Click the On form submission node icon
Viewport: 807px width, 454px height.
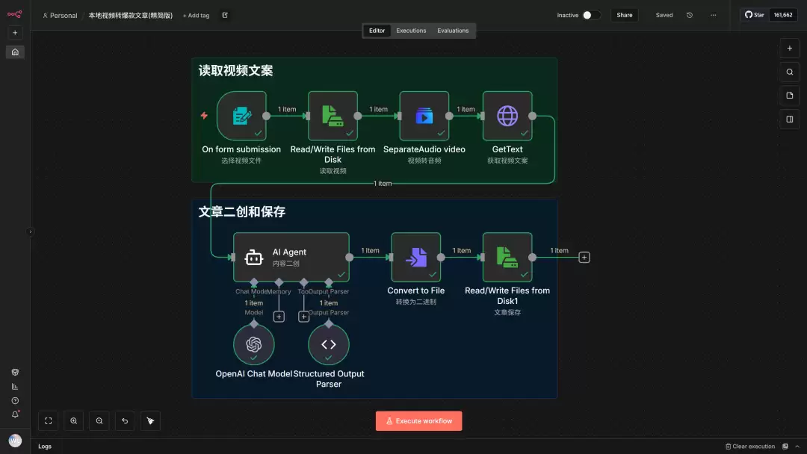point(241,116)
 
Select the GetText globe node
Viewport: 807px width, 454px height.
point(507,116)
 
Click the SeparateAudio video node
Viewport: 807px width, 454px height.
point(424,116)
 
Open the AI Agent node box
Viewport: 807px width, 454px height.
point(291,257)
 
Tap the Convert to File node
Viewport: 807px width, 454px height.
point(415,257)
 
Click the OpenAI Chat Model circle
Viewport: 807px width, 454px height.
point(254,344)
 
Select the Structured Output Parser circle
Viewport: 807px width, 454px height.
point(329,344)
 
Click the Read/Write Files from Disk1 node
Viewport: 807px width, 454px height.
point(507,257)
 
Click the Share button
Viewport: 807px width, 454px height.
point(624,15)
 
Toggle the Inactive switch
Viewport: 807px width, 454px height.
point(590,15)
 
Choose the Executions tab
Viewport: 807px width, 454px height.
point(411,31)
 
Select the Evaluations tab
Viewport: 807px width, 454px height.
point(453,31)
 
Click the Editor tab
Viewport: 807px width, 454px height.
point(377,31)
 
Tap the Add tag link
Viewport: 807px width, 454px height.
point(196,15)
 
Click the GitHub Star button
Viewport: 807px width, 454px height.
point(754,15)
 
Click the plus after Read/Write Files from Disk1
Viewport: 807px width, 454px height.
point(584,257)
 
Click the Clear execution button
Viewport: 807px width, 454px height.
point(750,447)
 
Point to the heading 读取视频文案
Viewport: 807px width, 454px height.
point(235,71)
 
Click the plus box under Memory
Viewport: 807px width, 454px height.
point(279,317)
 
